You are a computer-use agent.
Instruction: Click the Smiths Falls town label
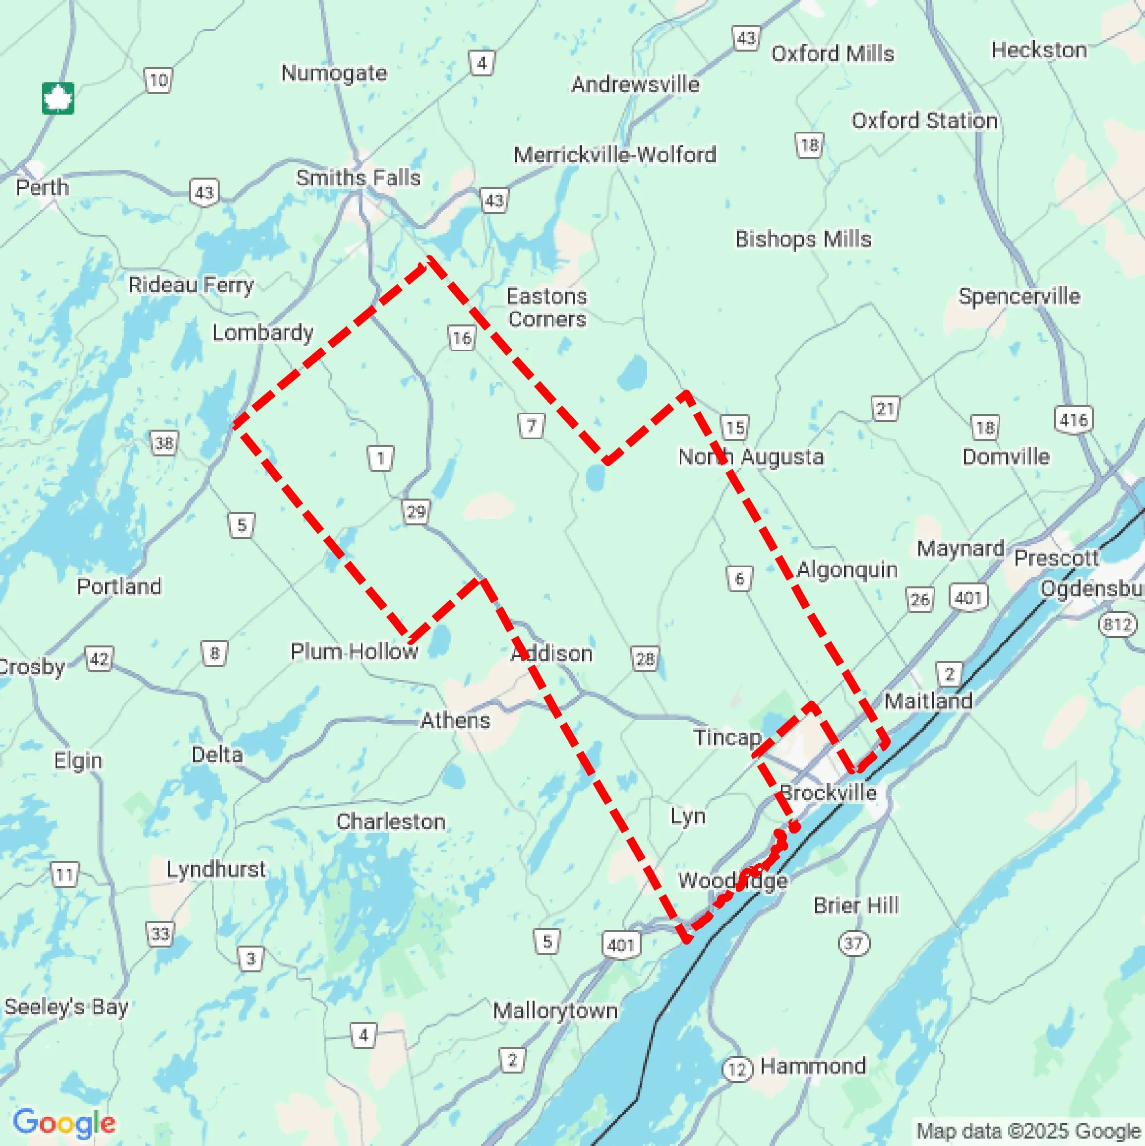point(358,178)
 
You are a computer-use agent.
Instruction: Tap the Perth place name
point(42,188)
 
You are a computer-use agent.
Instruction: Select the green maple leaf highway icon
point(58,98)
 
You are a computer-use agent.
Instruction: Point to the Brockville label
point(828,792)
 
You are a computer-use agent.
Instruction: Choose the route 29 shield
point(416,511)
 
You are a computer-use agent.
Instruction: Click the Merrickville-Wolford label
point(615,155)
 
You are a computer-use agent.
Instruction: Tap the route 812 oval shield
point(1117,624)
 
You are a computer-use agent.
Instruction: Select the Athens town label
point(455,720)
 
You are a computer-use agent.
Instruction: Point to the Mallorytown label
point(555,1010)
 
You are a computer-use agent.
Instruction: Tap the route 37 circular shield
point(853,943)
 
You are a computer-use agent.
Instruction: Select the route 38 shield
point(164,443)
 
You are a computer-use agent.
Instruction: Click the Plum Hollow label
point(354,651)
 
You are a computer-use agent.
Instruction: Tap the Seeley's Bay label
point(66,1007)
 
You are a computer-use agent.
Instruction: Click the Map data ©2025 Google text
point(1029,1131)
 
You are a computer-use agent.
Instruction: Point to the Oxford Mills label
point(832,54)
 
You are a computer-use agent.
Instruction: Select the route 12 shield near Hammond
point(737,1069)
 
